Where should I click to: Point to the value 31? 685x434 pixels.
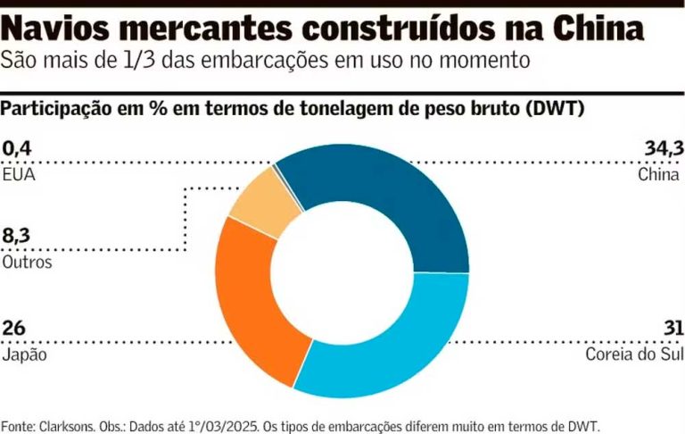tap(671, 328)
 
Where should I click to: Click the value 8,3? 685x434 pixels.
tap(17, 236)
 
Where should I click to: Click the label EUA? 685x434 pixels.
tap(18, 174)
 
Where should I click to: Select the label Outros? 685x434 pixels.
tap(27, 263)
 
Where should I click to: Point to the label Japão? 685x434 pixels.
tap(24, 355)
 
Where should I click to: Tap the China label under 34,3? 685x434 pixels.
tap(659, 174)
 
